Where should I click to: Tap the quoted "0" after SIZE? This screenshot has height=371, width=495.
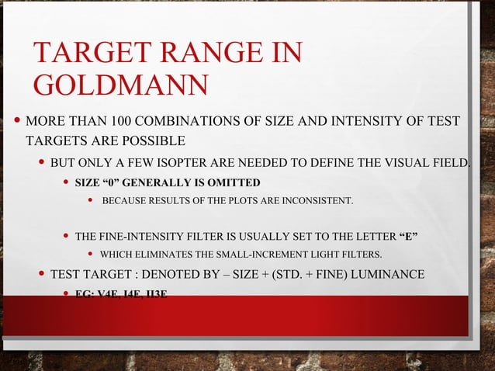point(114,183)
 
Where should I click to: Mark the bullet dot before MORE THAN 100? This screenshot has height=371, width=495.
point(17,122)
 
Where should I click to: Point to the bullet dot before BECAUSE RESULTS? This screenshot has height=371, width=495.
point(91,202)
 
